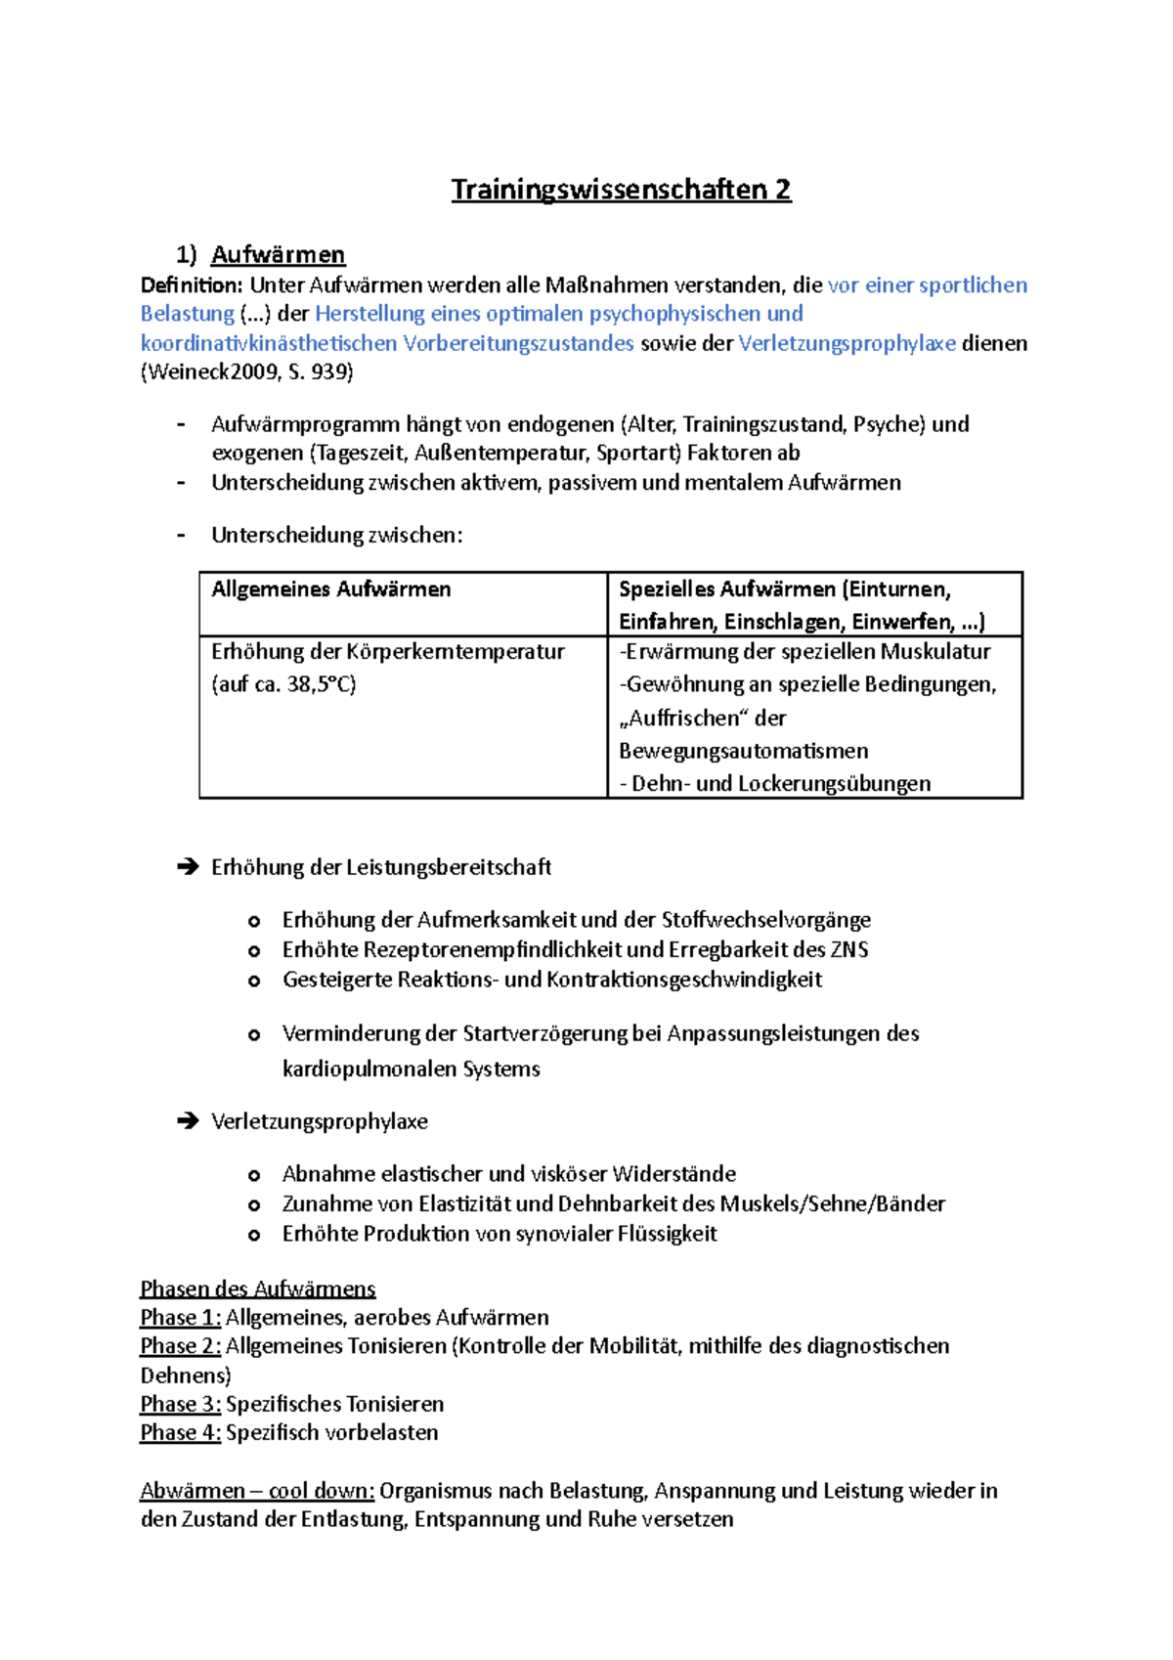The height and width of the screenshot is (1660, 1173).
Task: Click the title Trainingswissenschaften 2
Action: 621,190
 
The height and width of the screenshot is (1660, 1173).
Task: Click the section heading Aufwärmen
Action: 278,255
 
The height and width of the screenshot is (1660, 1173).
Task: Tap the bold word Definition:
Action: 191,285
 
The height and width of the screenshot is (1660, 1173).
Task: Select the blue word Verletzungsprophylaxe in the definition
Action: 847,343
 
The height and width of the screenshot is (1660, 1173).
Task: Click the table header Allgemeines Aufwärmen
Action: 330,590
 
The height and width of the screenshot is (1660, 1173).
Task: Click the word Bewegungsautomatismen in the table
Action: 743,751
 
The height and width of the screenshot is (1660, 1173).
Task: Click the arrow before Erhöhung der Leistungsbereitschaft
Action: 188,867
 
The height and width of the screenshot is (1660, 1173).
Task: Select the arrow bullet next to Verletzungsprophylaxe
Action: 188,1121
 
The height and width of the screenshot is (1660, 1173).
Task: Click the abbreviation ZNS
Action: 848,949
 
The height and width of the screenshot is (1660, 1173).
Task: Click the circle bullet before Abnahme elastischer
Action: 254,1175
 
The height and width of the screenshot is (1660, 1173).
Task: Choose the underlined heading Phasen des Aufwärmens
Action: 258,1289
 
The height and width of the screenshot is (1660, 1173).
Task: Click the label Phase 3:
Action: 181,1404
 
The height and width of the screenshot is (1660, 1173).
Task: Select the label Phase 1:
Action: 181,1318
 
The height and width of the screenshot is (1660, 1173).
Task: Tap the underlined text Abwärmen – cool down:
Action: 257,1491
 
